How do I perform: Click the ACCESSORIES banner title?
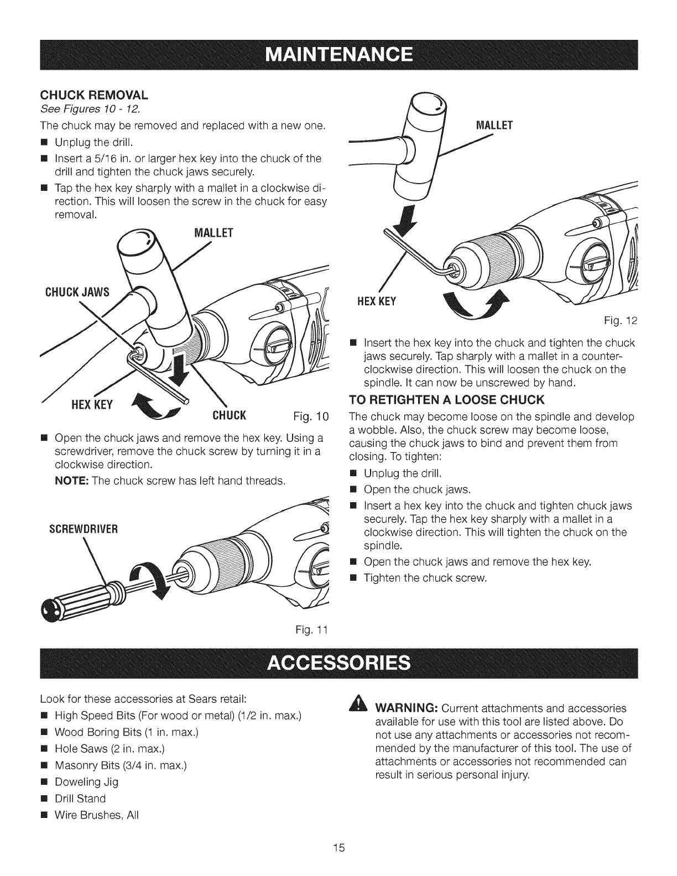338,662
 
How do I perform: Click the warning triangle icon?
351,709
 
